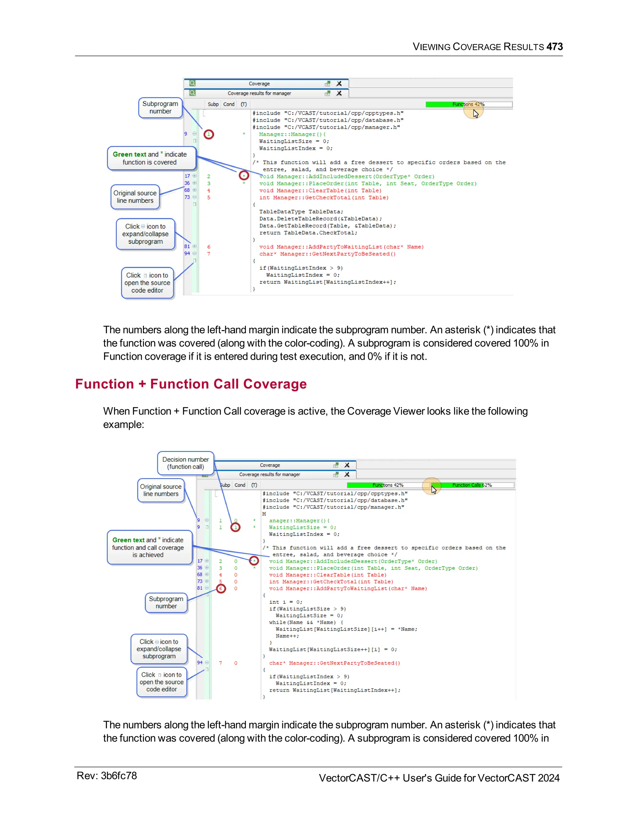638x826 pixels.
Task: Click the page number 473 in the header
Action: (x=555, y=46)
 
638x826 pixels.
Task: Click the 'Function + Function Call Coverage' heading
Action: (x=191, y=384)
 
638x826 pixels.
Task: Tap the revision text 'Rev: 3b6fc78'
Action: (x=107, y=776)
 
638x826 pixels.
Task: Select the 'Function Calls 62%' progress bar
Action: (x=473, y=485)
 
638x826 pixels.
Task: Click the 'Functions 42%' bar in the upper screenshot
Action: (x=469, y=104)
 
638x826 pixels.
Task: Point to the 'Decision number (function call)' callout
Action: (x=186, y=463)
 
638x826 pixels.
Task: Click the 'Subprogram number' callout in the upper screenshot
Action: (x=160, y=108)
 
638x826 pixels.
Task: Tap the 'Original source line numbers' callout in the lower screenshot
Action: (x=161, y=490)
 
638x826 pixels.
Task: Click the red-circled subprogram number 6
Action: (x=221, y=588)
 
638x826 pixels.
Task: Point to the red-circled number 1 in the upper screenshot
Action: (x=209, y=134)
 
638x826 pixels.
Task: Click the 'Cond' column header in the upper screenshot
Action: (x=229, y=104)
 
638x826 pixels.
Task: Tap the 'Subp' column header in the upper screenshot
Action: (x=213, y=104)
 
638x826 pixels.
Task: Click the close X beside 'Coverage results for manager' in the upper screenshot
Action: (x=339, y=93)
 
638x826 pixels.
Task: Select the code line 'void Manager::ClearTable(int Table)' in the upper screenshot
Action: (x=320, y=191)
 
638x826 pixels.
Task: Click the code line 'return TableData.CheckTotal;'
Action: (x=308, y=233)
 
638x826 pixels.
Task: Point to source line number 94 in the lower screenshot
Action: (x=200, y=663)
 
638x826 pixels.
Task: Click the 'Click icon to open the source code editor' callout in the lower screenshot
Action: (x=162, y=682)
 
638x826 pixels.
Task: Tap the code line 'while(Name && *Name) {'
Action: (x=306, y=622)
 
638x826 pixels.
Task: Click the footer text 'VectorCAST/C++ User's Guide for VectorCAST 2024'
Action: (x=439, y=778)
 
